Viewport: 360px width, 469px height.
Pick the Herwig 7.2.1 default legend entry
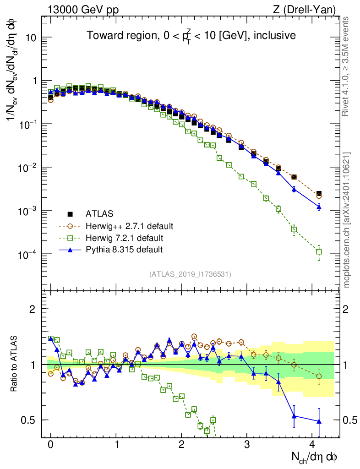(x=124, y=238)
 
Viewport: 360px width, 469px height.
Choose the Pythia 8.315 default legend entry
(x=124, y=250)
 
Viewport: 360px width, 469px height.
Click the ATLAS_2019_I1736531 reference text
(x=190, y=274)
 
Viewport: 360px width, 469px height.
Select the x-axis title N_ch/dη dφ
(x=314, y=456)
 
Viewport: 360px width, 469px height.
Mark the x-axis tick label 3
(x=247, y=444)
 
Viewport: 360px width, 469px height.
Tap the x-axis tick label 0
(x=51, y=444)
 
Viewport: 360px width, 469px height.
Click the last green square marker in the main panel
(x=319, y=251)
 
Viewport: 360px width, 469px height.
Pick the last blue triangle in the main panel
(x=319, y=207)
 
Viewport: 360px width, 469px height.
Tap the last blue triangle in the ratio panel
(x=319, y=421)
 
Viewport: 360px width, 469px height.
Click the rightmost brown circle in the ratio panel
(x=319, y=376)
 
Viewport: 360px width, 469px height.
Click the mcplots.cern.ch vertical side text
(x=347, y=220)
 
